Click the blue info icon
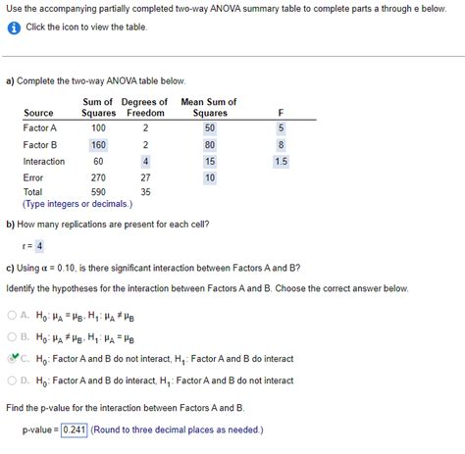pos(13,26)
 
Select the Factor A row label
pos(40,127)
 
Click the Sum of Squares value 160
pos(98,144)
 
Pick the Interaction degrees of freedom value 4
pos(145,161)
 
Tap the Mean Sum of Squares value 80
pos(209,144)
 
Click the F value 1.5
pos(282,161)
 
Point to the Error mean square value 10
pos(209,177)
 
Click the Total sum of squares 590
pos(98,193)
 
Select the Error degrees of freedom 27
pos(145,177)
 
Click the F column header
pos(282,113)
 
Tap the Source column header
pos(38,113)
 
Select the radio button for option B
pos(12,336)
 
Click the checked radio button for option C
pos(12,358)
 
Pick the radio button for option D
pos(12,379)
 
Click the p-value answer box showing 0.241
pos(75,429)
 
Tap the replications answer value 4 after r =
pos(40,245)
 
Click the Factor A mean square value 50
pos(209,127)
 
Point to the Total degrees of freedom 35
pos(145,193)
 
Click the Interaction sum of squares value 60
pos(98,161)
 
